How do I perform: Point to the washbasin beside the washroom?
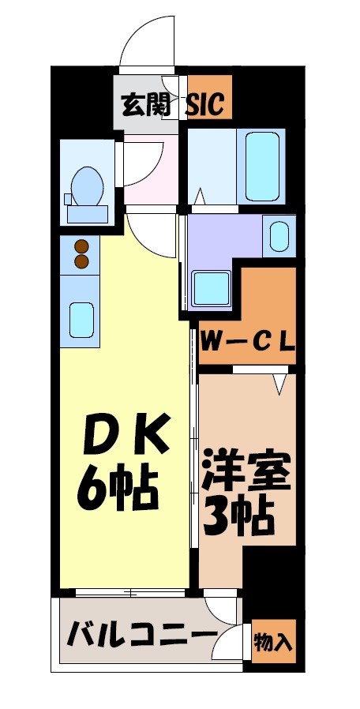[279, 235]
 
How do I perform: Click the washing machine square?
[212, 288]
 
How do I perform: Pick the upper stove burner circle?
[81, 246]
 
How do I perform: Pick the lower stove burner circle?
[81, 261]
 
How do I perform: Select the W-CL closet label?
[247, 342]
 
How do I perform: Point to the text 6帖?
[118, 489]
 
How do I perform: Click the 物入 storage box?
[273, 642]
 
